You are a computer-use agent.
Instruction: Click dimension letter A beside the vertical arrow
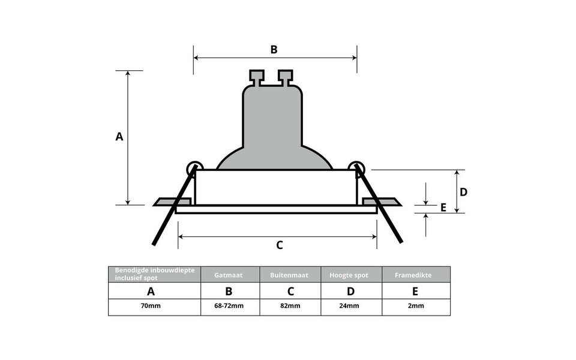(x=119, y=137)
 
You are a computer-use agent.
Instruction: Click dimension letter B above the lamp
(x=274, y=49)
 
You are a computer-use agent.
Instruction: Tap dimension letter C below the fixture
(x=279, y=245)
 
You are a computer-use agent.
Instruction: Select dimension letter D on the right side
(x=464, y=192)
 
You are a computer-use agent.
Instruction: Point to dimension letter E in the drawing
(x=443, y=208)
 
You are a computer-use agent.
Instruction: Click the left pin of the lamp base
(x=257, y=77)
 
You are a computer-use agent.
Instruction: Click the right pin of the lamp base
(x=286, y=77)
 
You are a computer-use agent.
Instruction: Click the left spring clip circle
(x=195, y=168)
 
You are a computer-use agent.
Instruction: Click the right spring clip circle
(x=358, y=168)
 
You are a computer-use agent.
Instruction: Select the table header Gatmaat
(x=229, y=275)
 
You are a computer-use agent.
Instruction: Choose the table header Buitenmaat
(x=290, y=275)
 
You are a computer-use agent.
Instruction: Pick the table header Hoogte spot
(x=351, y=275)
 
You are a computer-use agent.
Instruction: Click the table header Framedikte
(x=415, y=275)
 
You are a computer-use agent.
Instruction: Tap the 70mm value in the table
(x=151, y=306)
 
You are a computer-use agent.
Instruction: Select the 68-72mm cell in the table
(x=229, y=306)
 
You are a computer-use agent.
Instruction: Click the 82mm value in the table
(x=290, y=306)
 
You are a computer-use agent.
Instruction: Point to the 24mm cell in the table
(x=351, y=306)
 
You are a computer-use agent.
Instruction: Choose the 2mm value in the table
(x=415, y=306)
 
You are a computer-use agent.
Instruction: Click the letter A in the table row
(x=151, y=292)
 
